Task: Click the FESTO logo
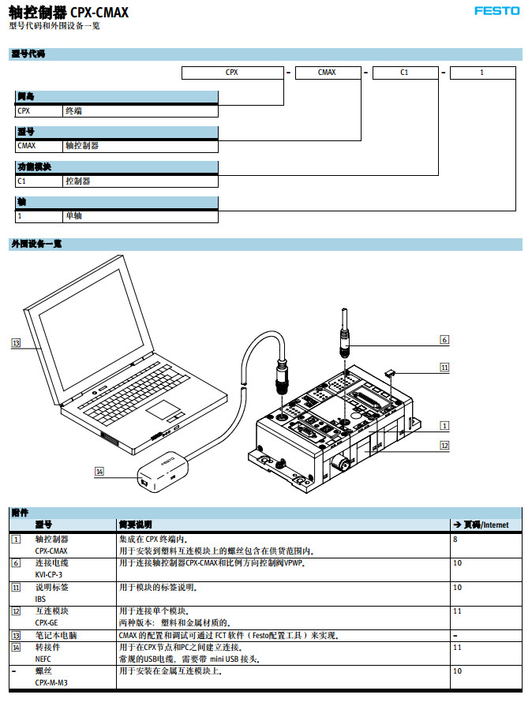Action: (496, 11)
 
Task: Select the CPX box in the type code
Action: (232, 73)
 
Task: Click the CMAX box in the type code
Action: (327, 73)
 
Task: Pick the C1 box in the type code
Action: (404, 73)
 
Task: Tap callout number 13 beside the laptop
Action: (16, 343)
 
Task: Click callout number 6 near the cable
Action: (444, 339)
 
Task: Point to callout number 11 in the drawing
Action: (444, 367)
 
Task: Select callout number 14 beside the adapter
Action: (99, 472)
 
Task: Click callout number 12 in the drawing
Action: (444, 446)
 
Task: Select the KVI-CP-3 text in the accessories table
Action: (48, 575)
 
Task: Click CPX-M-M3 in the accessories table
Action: (51, 682)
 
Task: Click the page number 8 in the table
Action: (455, 540)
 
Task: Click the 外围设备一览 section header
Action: (36, 245)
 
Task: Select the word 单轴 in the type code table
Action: (73, 215)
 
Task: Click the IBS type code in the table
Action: (40, 599)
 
